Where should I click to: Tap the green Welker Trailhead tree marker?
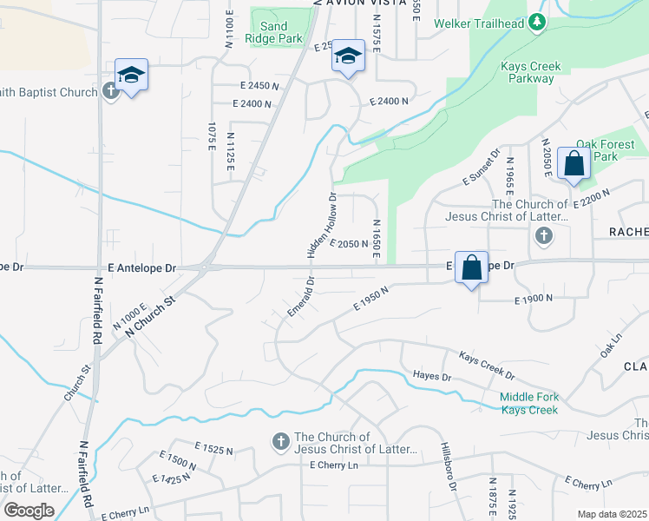click(x=537, y=23)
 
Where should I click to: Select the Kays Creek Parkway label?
click(x=531, y=72)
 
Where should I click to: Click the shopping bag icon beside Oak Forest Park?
click(x=574, y=163)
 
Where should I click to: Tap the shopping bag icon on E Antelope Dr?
click(x=471, y=267)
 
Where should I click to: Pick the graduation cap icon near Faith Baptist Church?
click(x=131, y=75)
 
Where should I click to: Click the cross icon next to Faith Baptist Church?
click(x=110, y=90)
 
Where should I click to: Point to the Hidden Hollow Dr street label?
click(x=321, y=225)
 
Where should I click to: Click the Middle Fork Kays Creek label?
click(x=528, y=404)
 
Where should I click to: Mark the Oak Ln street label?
click(x=612, y=344)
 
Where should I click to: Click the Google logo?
click(x=29, y=511)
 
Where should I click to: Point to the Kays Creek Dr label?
click(x=487, y=366)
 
